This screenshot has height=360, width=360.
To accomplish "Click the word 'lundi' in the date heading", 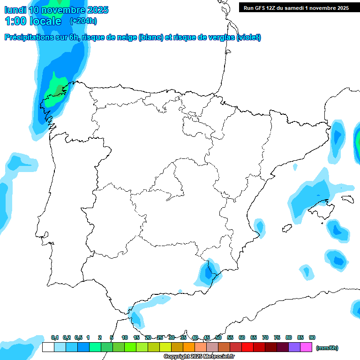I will point(15,10).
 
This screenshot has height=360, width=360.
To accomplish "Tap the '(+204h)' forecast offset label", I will point(83,21).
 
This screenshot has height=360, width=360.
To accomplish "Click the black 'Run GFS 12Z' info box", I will point(296,7).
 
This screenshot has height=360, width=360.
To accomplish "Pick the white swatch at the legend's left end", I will point(48,347).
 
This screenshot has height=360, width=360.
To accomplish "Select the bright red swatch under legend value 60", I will point(247,347).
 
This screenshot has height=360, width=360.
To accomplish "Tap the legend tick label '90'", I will point(312,337).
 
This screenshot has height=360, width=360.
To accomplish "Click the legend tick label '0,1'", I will point(55,337).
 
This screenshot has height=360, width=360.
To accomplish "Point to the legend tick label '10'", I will point(125,337).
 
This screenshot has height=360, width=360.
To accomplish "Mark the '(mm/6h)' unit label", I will point(327,348).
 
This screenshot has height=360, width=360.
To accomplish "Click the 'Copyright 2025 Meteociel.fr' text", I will point(199,357).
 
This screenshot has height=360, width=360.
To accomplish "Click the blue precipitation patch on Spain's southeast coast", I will point(207,273).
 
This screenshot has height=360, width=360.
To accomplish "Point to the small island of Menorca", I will point(347,199).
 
